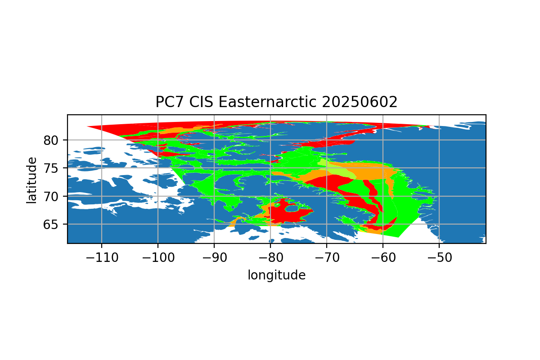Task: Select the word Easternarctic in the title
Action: [267, 102]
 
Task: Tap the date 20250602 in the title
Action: [360, 102]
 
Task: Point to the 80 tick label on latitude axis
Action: [50, 140]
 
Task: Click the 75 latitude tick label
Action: [50, 168]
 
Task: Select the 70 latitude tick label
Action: [50, 197]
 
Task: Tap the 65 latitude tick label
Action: [50, 225]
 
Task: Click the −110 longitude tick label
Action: [102, 257]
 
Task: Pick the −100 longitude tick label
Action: [158, 257]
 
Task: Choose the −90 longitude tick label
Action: [215, 257]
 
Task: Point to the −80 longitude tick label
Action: [271, 257]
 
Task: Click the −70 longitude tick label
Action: [327, 257]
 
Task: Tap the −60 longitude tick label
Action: [383, 257]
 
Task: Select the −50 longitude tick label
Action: [440, 257]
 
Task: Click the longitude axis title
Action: [277, 275]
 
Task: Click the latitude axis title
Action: [31, 180]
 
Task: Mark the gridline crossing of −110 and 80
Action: [102, 140]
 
